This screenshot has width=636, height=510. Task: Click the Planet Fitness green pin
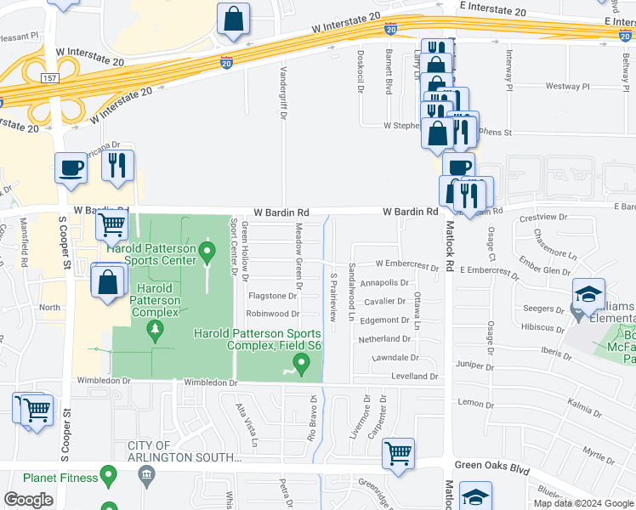point(108,477)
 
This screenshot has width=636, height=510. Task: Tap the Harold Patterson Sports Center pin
point(207,252)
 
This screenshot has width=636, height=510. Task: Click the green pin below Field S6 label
point(300,365)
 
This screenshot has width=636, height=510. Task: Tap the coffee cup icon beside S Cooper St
point(71,167)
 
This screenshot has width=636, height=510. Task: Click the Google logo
point(28,500)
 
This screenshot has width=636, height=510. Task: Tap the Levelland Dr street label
point(414,376)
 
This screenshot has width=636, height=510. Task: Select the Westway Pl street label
point(567,87)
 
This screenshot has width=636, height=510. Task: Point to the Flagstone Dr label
point(272,297)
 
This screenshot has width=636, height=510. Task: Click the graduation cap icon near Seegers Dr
point(588,293)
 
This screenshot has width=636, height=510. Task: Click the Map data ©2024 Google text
point(582,503)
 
